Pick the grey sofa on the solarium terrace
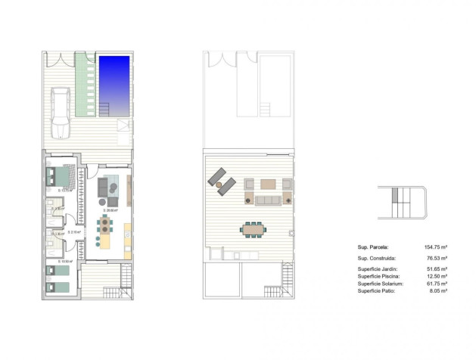269,200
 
